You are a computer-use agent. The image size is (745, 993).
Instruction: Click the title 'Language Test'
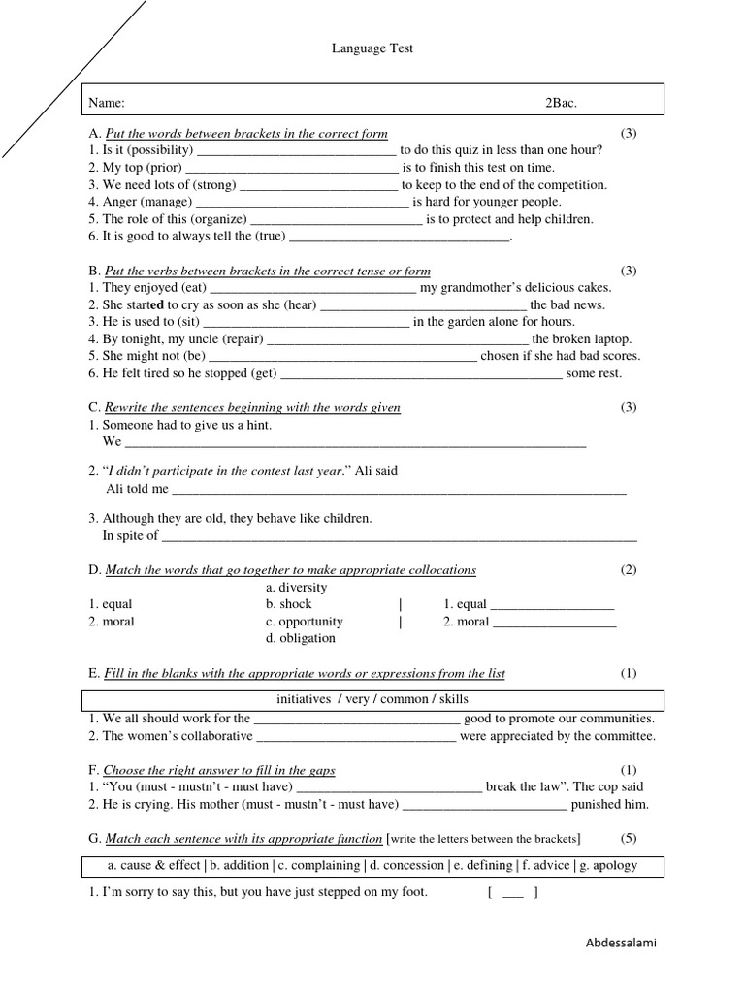click(372, 48)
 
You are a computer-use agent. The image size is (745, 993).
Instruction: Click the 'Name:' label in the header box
click(107, 103)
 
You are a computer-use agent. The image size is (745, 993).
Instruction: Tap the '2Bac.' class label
click(561, 103)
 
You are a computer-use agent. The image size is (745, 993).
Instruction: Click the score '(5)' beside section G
click(629, 839)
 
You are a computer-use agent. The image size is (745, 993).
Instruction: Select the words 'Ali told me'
click(137, 489)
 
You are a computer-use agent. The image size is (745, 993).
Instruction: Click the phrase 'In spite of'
click(131, 535)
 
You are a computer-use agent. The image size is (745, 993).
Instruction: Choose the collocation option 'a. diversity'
click(296, 588)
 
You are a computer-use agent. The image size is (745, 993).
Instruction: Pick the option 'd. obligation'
click(300, 639)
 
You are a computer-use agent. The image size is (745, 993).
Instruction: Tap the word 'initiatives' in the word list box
click(304, 699)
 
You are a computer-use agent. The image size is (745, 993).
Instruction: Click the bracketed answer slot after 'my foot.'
click(513, 892)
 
